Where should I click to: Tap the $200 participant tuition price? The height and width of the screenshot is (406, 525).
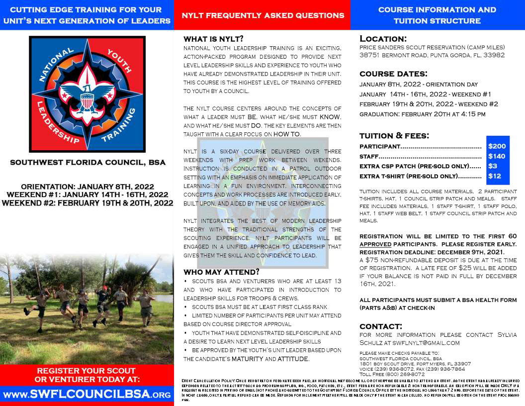(x=497, y=146)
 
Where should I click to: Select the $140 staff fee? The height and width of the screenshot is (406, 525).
(x=497, y=156)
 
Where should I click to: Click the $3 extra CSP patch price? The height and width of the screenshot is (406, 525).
(x=493, y=166)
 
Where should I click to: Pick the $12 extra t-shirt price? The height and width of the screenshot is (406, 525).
(x=495, y=176)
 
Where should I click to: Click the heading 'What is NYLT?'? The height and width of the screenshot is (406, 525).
(x=213, y=39)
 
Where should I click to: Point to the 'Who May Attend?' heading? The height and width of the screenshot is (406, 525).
(x=221, y=272)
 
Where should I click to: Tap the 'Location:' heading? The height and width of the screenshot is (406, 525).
(x=383, y=39)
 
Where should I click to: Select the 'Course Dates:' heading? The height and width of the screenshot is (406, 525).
(x=393, y=74)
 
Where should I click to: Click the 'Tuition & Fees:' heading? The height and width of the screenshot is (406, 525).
(x=394, y=135)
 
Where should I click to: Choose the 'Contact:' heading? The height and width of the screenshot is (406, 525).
(x=381, y=326)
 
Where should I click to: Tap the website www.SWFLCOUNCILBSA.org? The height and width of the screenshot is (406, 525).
(x=87, y=395)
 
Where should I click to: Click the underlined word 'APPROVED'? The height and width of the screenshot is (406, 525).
(x=375, y=245)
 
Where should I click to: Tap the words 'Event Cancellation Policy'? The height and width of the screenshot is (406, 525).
(x=204, y=380)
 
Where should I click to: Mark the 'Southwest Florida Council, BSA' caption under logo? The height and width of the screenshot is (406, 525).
(x=87, y=162)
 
